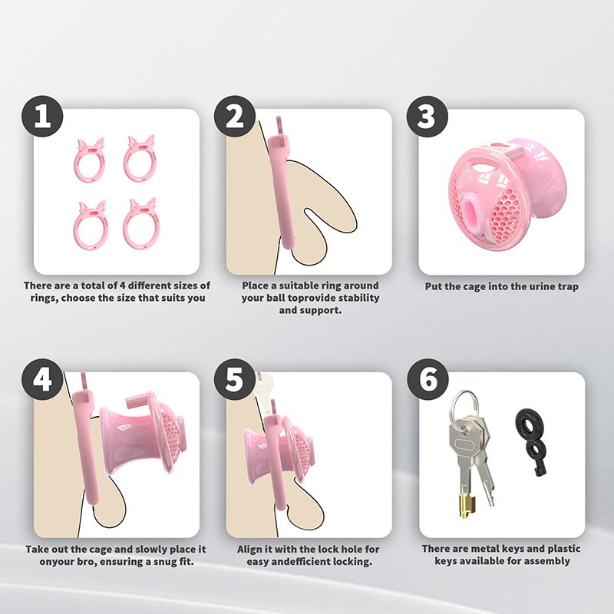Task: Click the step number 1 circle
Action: (x=42, y=117)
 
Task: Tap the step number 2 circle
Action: (x=235, y=117)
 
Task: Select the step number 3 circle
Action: (x=427, y=117)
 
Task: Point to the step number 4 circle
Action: (x=42, y=379)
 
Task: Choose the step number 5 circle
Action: (x=235, y=379)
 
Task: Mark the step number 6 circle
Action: (x=427, y=379)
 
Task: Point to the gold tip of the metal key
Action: (x=467, y=506)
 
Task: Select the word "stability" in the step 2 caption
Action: (x=358, y=298)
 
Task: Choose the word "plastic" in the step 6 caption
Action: (x=563, y=549)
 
